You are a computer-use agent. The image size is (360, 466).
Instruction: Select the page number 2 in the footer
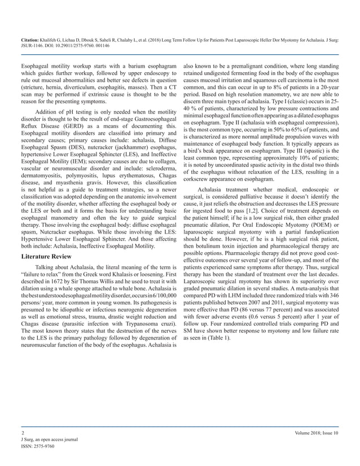pos(15,432)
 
